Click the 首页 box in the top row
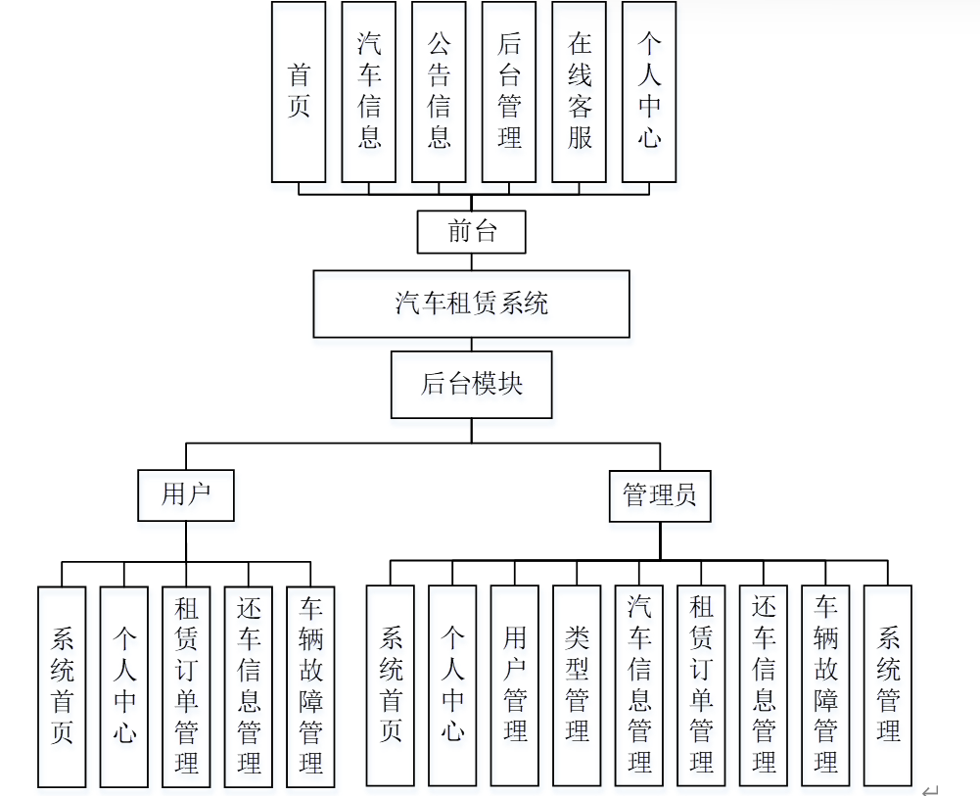pyautogui.click(x=299, y=92)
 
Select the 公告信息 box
pyautogui.click(x=439, y=92)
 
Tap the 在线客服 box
pyautogui.click(x=579, y=92)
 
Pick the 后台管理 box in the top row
pyautogui.click(x=509, y=92)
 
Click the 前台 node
pyautogui.click(x=472, y=232)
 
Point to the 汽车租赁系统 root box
pyautogui.click(x=471, y=304)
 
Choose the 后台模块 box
pyautogui.click(x=471, y=384)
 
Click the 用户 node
pyautogui.click(x=186, y=495)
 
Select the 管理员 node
pyautogui.click(x=659, y=495)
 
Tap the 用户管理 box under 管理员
pyautogui.click(x=515, y=685)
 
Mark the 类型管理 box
pyautogui.click(x=577, y=685)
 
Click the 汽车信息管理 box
pyautogui.click(x=639, y=685)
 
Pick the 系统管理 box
pyautogui.click(x=888, y=685)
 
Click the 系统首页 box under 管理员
pyautogui.click(x=391, y=685)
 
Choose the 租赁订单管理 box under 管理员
pyautogui.click(x=701, y=685)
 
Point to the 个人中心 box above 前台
pyautogui.click(x=649, y=92)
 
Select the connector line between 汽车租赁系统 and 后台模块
pyautogui.click(x=471, y=345)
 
